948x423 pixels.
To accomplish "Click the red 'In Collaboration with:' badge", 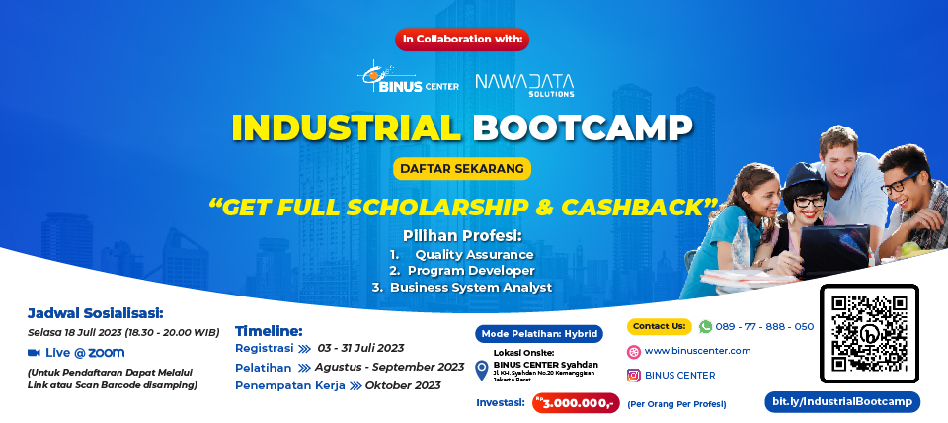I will pos(462,40).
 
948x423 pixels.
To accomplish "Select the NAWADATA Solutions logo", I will pos(524,83).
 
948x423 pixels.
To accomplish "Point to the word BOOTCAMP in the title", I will pos(582,127).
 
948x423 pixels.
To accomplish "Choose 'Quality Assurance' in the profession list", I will pos(474,254).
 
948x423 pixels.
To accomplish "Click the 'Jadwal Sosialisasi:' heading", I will pos(95,313).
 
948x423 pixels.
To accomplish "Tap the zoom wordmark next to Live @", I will pos(108,352).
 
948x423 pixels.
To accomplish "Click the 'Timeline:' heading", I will pos(269,330).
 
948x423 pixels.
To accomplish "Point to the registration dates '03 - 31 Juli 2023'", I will pos(361,348).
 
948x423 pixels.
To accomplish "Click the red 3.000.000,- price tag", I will pos(576,403).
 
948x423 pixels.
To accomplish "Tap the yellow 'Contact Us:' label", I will pos(659,326).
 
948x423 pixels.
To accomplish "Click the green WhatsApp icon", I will pos(705,326).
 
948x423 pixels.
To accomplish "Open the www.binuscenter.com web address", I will pos(697,351).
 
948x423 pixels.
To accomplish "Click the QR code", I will pos(869,333).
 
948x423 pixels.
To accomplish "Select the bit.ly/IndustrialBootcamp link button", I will pos(842,402).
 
